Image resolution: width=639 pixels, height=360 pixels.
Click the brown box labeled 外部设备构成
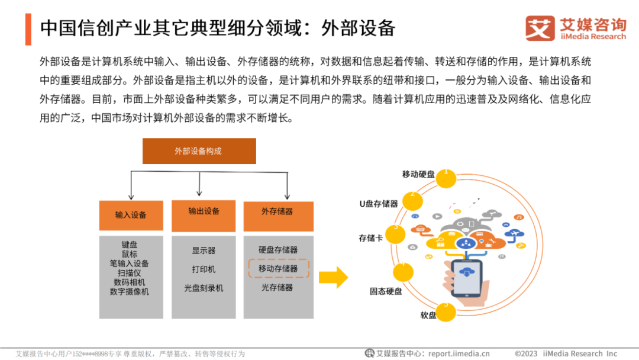199,151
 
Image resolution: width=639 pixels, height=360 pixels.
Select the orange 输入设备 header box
131,215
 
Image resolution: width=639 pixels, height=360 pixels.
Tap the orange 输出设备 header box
204,211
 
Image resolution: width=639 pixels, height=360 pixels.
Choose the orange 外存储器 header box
277,211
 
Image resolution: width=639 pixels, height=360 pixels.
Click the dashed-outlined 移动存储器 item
278,269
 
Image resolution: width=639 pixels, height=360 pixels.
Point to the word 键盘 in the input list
130,245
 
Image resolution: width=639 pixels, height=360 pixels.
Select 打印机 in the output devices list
204,269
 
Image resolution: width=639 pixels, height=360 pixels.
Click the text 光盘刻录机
204,288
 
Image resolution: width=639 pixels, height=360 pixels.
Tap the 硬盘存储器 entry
278,250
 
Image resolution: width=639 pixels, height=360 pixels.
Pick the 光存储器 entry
277,288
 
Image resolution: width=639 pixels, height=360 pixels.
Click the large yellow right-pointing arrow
333,277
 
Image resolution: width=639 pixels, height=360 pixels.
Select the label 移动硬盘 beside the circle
418,174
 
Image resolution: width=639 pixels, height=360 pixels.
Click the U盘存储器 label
379,204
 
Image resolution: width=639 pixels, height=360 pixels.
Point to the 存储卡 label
371,238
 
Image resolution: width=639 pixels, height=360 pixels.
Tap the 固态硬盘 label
386,291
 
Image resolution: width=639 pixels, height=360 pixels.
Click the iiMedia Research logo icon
540,28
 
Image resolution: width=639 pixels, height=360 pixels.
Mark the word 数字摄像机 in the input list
130,292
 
